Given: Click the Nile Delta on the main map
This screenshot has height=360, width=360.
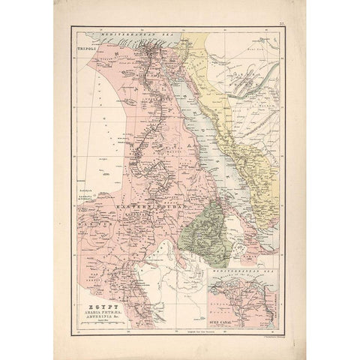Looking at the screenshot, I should coord(158,48).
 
